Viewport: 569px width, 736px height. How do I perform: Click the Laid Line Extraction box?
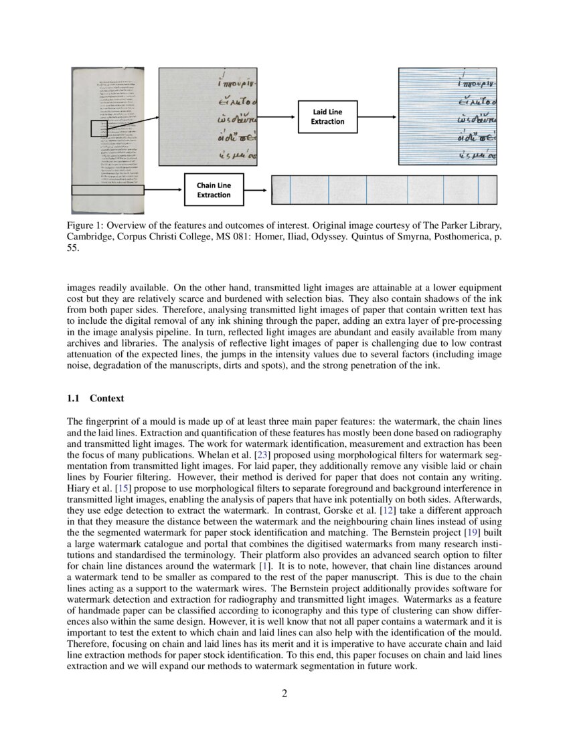(x=327, y=117)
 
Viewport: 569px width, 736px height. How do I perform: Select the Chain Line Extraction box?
(x=214, y=189)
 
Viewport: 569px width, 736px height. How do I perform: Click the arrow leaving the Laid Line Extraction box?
(x=378, y=117)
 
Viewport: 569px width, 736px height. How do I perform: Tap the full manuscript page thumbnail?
(x=108, y=141)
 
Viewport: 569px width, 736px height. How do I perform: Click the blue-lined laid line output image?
(x=447, y=116)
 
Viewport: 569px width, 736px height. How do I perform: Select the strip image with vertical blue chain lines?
(x=384, y=189)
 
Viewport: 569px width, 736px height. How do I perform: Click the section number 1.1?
(x=74, y=398)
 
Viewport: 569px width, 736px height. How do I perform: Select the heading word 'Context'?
(x=107, y=398)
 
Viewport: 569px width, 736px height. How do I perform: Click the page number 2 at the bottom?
(x=284, y=693)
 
